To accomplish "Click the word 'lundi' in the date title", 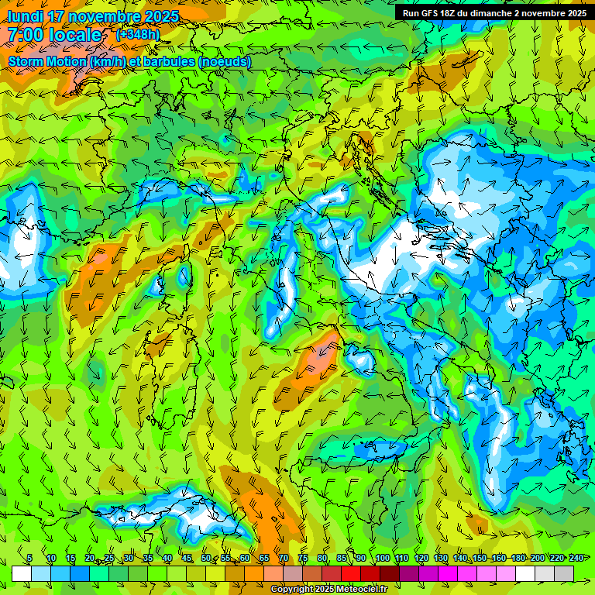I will pos(25,16).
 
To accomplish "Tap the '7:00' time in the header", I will pos(25,35).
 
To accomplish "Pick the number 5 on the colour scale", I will pos(29,559).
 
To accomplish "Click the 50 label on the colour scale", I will pos(205,559).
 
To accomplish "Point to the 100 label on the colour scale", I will pos(383,559).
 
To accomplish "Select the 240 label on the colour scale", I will pos(576,559).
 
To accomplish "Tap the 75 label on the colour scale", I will pos(303,559).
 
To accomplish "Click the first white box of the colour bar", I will pos(22,573).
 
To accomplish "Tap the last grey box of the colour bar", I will pos(564,573).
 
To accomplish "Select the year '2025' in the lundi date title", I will pos(161,16).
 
